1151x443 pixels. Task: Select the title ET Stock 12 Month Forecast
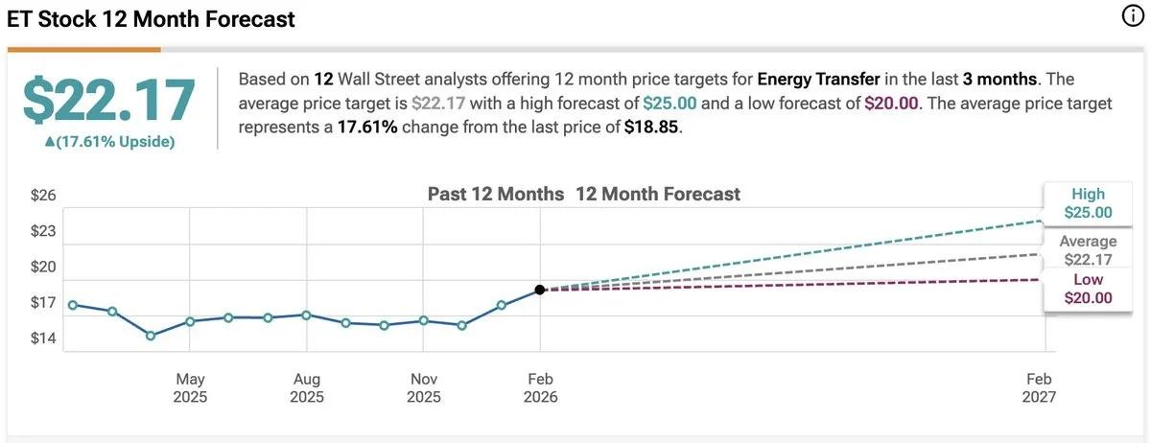152,19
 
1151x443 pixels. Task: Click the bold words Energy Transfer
818,79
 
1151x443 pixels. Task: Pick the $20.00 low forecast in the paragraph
892,104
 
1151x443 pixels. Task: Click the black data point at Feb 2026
540,290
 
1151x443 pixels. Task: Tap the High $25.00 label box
1088,203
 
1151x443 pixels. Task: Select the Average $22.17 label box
1088,250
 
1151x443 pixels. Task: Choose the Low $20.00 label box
1088,289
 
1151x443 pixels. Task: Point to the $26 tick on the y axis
44,196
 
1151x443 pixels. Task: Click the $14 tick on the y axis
44,338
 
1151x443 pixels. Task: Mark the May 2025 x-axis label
190,387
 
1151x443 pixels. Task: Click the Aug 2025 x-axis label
307,387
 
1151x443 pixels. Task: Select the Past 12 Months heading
495,194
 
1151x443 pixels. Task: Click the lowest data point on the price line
151,336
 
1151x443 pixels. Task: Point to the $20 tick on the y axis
44,267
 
